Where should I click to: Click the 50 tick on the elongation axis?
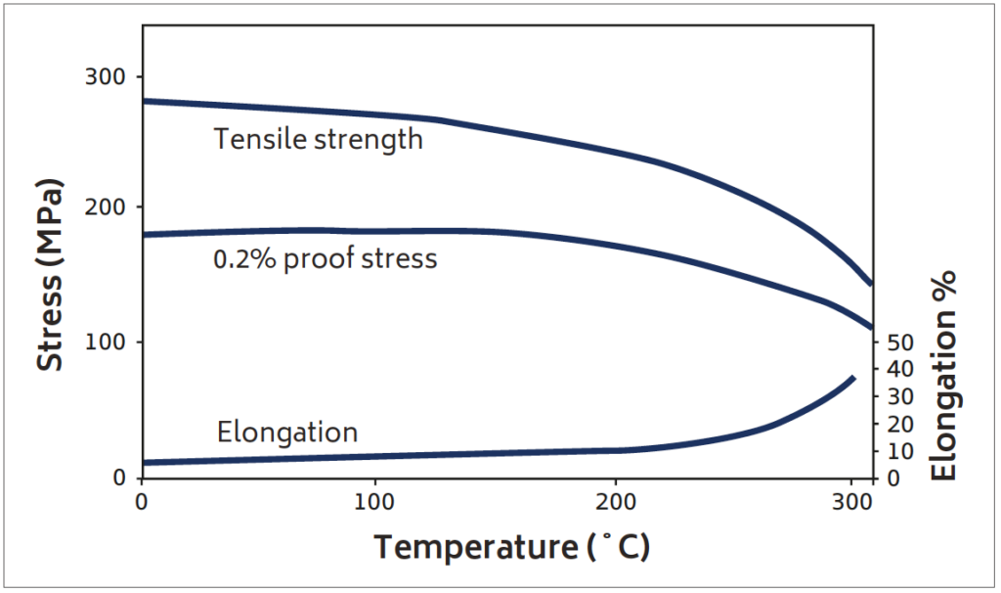897,342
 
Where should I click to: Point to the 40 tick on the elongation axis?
897,369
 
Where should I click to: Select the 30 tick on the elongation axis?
897,396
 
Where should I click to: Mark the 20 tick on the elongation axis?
897,424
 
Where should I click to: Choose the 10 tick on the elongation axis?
897,451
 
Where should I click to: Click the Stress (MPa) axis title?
51,275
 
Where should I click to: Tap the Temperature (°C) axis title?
511,546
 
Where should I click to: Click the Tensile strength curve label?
319,139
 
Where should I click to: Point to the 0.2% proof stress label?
325,259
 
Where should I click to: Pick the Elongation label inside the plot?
287,432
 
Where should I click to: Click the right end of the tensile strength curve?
870,284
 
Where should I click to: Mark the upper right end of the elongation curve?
853,378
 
